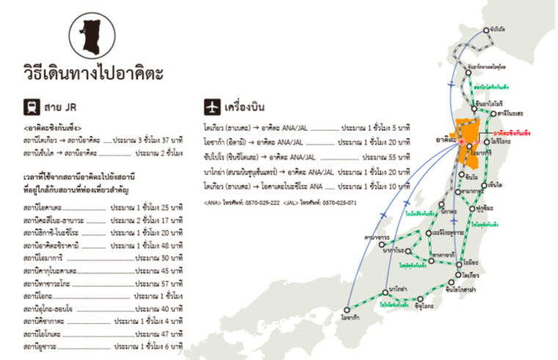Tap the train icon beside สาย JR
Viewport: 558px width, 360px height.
point(32,105)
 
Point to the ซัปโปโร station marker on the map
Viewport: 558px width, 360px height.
point(487,31)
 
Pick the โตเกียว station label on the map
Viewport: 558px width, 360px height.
point(471,276)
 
